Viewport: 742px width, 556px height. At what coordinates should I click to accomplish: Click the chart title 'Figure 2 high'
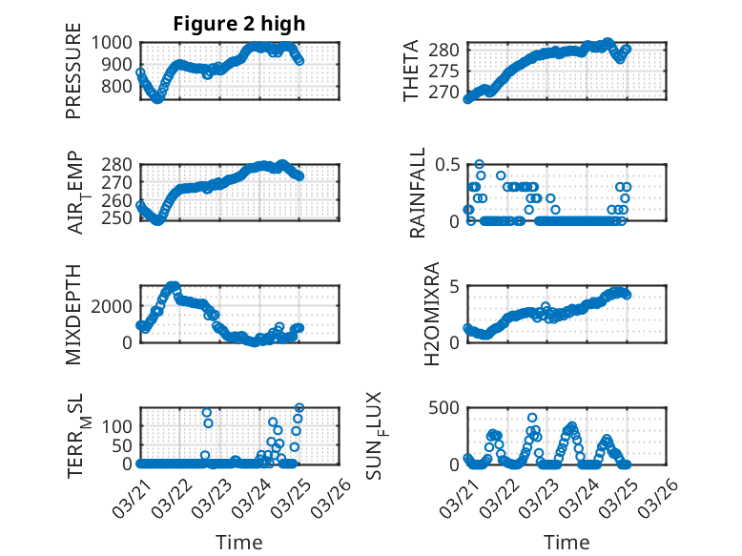click(238, 24)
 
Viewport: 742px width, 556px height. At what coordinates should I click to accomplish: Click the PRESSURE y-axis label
click(74, 78)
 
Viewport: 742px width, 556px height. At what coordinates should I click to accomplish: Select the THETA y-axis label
click(411, 72)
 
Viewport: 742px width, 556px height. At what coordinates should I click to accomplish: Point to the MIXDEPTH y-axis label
click(74, 314)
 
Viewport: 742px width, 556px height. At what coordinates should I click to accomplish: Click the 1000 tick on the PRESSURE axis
click(115, 43)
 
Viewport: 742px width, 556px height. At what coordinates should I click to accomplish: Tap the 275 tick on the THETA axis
click(448, 72)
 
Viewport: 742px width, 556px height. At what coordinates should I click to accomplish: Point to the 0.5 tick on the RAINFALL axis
click(448, 164)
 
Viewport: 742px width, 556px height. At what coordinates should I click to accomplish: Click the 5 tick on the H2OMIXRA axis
click(456, 286)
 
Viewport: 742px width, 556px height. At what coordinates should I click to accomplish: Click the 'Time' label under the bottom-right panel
click(567, 543)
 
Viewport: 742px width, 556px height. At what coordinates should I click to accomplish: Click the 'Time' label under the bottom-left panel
click(240, 543)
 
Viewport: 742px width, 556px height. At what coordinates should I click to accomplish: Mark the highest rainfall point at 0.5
click(480, 164)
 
